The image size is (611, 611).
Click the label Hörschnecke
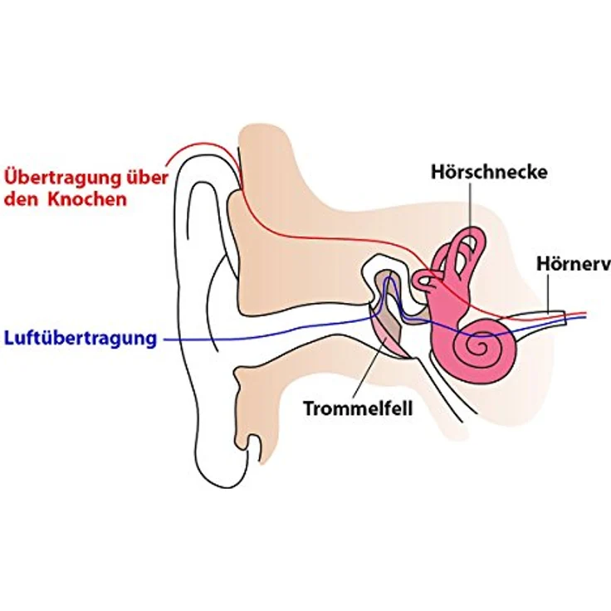(489, 172)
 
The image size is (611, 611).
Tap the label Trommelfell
(358, 408)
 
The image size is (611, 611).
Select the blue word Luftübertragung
(81, 339)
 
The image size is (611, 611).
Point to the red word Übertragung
(63, 178)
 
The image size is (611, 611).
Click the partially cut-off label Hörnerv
(574, 264)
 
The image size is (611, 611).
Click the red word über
(148, 178)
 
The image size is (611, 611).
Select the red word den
(21, 199)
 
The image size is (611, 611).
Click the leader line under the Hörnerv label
(548, 293)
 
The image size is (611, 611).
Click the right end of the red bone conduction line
(585, 312)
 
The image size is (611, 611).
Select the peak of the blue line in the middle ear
(389, 277)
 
